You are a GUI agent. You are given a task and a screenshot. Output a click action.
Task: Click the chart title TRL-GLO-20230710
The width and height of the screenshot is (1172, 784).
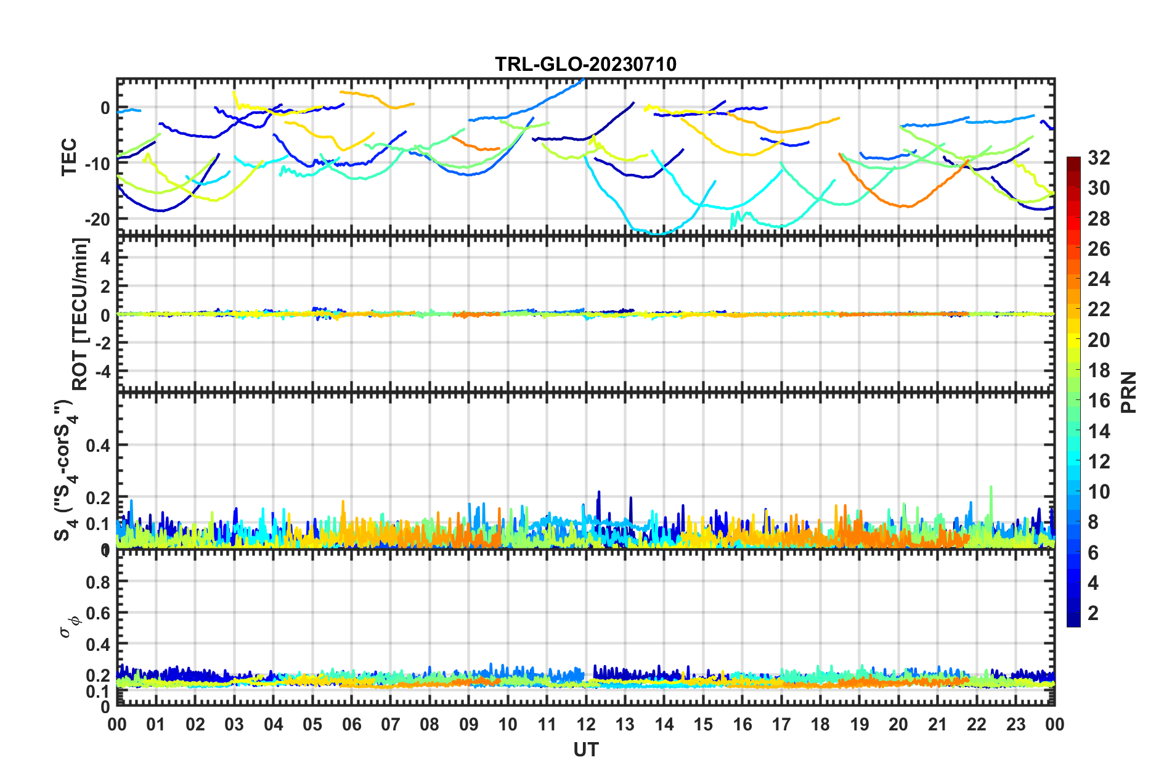point(585,64)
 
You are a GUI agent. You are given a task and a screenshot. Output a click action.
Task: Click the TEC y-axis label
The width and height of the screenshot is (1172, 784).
point(69,157)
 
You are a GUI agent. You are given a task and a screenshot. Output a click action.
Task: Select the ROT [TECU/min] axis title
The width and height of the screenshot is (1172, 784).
point(80,314)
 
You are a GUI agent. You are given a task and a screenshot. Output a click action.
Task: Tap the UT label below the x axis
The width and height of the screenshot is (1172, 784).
point(585,749)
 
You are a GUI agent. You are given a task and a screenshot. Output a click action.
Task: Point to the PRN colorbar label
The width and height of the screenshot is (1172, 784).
point(1129,393)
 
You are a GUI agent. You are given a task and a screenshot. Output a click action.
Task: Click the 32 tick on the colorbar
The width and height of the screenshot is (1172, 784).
point(1099,158)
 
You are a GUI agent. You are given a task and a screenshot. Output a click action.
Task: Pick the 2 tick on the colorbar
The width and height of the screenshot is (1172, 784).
point(1093,613)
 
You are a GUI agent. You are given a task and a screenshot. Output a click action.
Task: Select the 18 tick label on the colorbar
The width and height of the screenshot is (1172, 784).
point(1099,370)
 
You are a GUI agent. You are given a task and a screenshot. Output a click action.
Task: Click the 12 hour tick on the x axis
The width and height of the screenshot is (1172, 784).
point(585,724)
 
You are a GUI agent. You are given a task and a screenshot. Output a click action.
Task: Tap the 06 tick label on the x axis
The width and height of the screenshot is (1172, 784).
point(351,724)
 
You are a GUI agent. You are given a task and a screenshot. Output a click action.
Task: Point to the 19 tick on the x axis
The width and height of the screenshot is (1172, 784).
point(859,724)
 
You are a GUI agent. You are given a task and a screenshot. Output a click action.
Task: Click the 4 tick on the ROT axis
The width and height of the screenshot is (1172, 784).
point(105,258)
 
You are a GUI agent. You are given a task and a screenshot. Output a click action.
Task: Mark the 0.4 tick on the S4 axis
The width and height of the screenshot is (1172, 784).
point(98,445)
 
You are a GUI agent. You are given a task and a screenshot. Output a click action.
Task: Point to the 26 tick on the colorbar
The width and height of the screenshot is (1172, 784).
point(1099,249)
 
